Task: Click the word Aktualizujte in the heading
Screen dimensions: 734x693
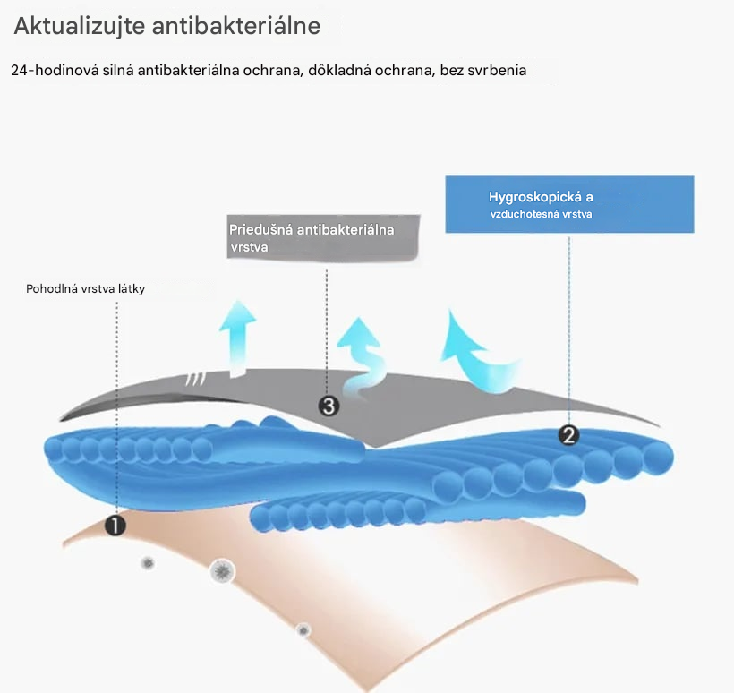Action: tap(80, 26)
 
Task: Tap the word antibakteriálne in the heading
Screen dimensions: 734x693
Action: tap(236, 25)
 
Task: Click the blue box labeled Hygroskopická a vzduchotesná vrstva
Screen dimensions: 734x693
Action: tap(569, 204)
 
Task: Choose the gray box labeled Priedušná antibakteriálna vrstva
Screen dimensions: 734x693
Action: tap(323, 237)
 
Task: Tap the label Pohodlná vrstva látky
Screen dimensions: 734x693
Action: tap(86, 289)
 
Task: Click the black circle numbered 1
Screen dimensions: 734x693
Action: tap(115, 526)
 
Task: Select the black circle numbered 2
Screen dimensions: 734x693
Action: tap(568, 435)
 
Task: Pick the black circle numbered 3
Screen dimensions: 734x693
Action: tap(329, 406)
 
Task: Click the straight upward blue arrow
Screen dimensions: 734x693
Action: tap(238, 339)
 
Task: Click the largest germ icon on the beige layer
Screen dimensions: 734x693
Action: tap(222, 571)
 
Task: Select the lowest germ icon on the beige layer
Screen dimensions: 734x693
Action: tap(303, 630)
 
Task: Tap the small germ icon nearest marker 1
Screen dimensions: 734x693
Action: tap(148, 563)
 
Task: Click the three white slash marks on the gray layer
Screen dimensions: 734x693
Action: tap(196, 380)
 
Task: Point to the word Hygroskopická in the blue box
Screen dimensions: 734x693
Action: tap(535, 197)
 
